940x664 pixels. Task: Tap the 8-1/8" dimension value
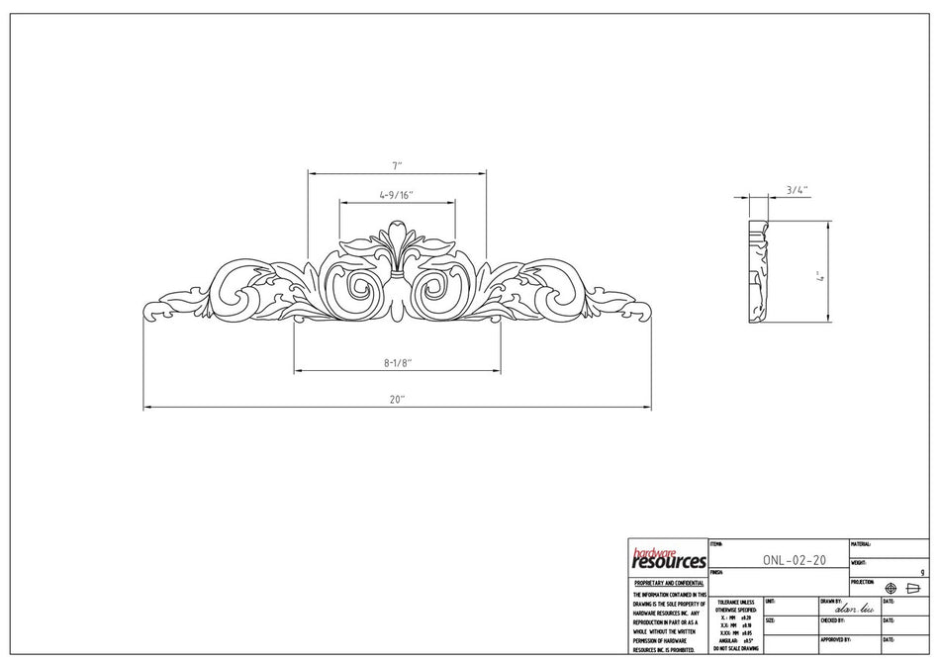(397, 364)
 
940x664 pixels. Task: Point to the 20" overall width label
(397, 399)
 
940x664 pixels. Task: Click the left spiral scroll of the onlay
(358, 288)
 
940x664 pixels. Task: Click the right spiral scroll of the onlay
(434, 288)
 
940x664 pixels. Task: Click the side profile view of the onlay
(760, 272)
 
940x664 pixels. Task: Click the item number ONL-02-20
(794, 559)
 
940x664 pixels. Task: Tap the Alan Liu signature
(856, 610)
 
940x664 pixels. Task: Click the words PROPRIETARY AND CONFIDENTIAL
(668, 584)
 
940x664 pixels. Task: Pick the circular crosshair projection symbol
(890, 588)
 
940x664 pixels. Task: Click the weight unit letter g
(922, 572)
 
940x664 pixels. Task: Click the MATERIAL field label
(860, 544)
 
